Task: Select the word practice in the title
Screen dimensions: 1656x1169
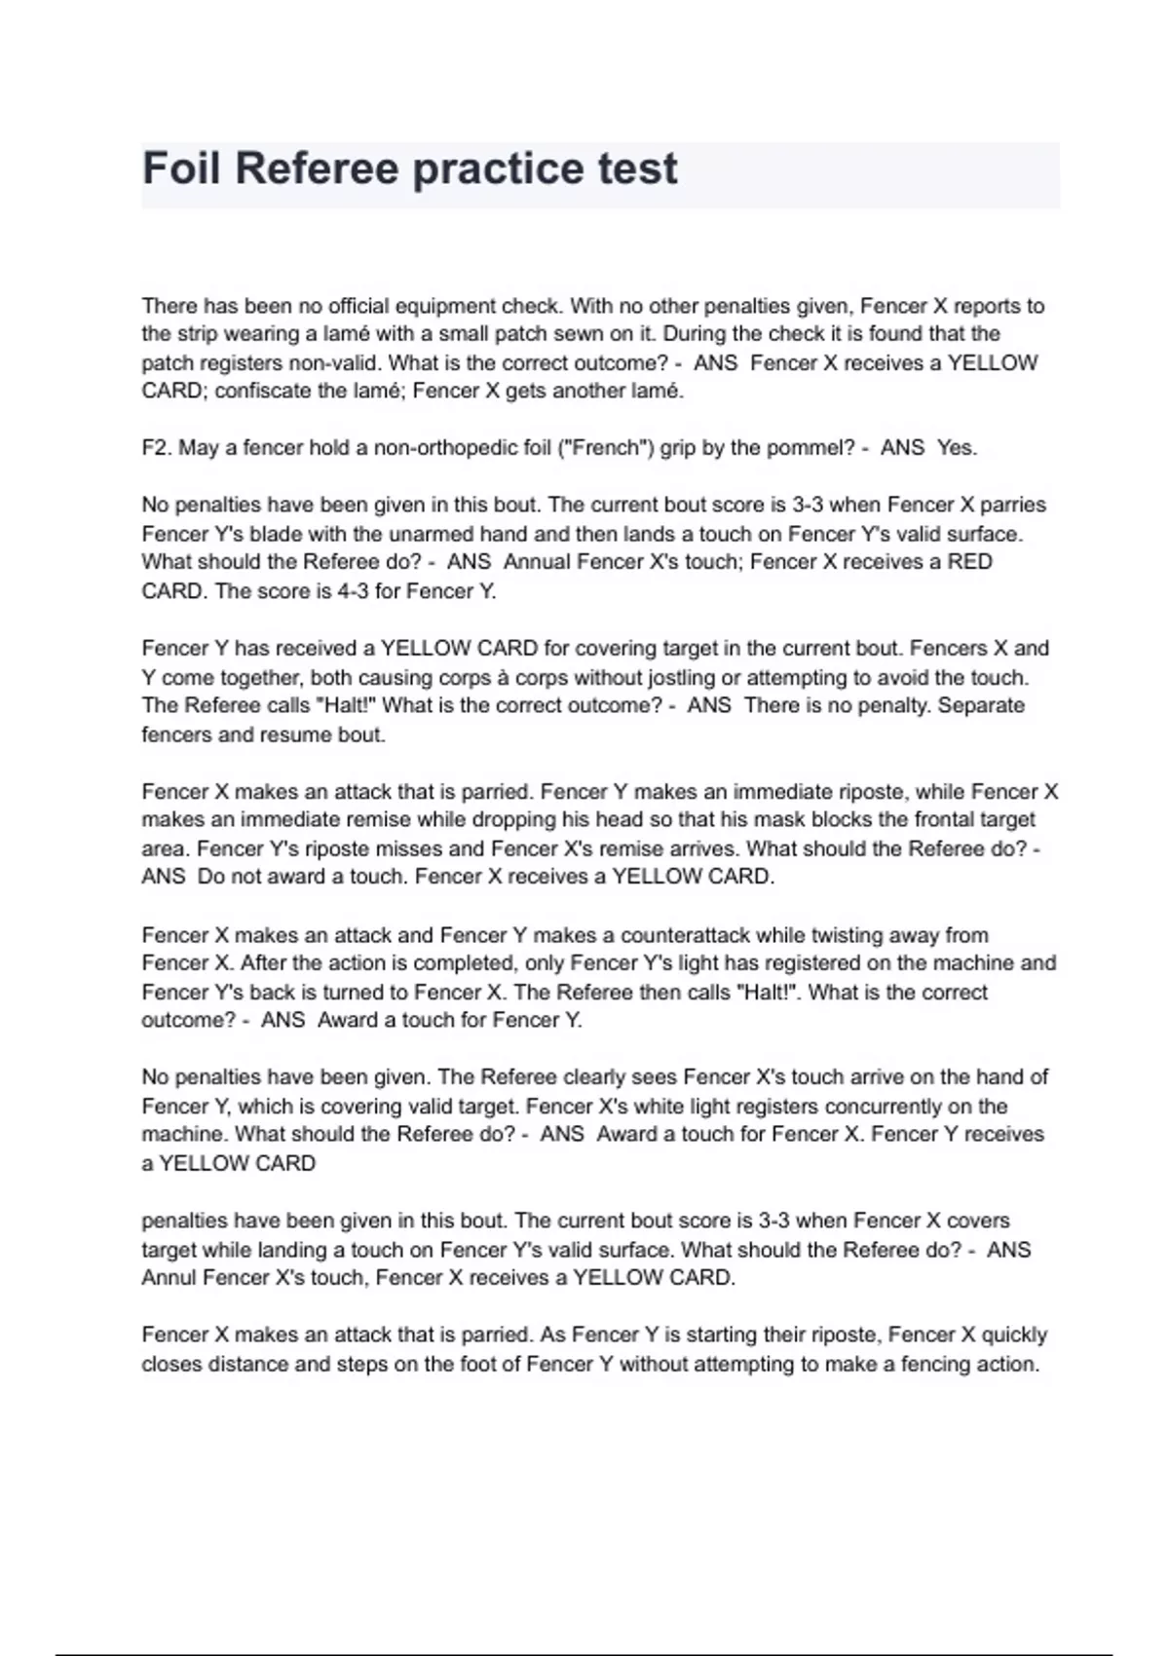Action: pyautogui.click(x=484, y=169)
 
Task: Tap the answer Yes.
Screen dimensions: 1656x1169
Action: pyautogui.click(x=957, y=448)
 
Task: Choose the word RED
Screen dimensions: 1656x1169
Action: pyautogui.click(x=970, y=562)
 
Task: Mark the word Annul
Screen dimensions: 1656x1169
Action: pyautogui.click(x=169, y=1278)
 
